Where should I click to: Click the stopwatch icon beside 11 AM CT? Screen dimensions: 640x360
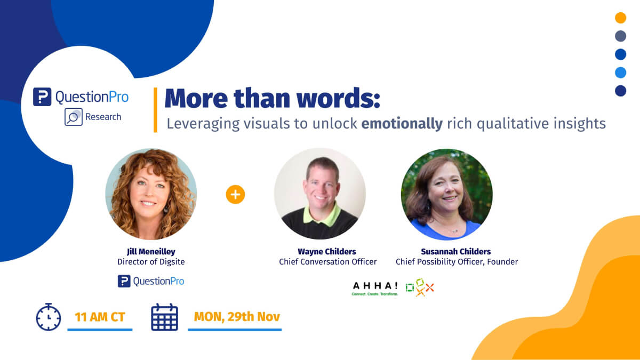click(x=49, y=317)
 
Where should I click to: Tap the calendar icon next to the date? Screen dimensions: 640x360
click(x=165, y=317)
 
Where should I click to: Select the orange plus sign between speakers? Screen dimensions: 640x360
click(x=235, y=195)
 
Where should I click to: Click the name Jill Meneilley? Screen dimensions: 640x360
click(x=151, y=251)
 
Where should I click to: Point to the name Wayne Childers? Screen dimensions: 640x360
click(x=327, y=251)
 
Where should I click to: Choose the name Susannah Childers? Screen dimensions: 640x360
click(x=455, y=251)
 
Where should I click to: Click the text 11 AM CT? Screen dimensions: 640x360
click(x=100, y=317)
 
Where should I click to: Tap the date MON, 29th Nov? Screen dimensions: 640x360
click(x=237, y=317)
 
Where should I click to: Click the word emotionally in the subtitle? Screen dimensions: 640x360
click(x=402, y=124)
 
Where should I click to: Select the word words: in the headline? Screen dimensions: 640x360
click(x=338, y=98)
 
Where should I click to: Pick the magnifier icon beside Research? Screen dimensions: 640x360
click(x=74, y=117)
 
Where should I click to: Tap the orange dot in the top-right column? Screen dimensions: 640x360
click(x=621, y=18)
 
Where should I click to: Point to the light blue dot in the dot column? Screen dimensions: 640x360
click(x=621, y=73)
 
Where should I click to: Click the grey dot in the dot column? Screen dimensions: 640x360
click(x=621, y=36)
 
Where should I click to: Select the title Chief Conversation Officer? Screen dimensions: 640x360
click(x=327, y=262)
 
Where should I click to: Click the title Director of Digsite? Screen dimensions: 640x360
click(x=151, y=262)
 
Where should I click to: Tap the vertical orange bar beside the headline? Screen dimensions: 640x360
click(x=155, y=110)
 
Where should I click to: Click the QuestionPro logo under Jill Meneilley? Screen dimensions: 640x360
click(x=151, y=281)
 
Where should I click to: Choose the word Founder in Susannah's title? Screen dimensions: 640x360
click(x=502, y=262)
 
